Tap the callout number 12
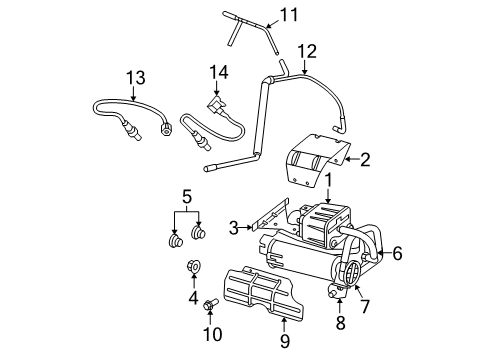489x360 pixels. point(307,50)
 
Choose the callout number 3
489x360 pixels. point(233,229)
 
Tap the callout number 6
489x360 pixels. point(396,255)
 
